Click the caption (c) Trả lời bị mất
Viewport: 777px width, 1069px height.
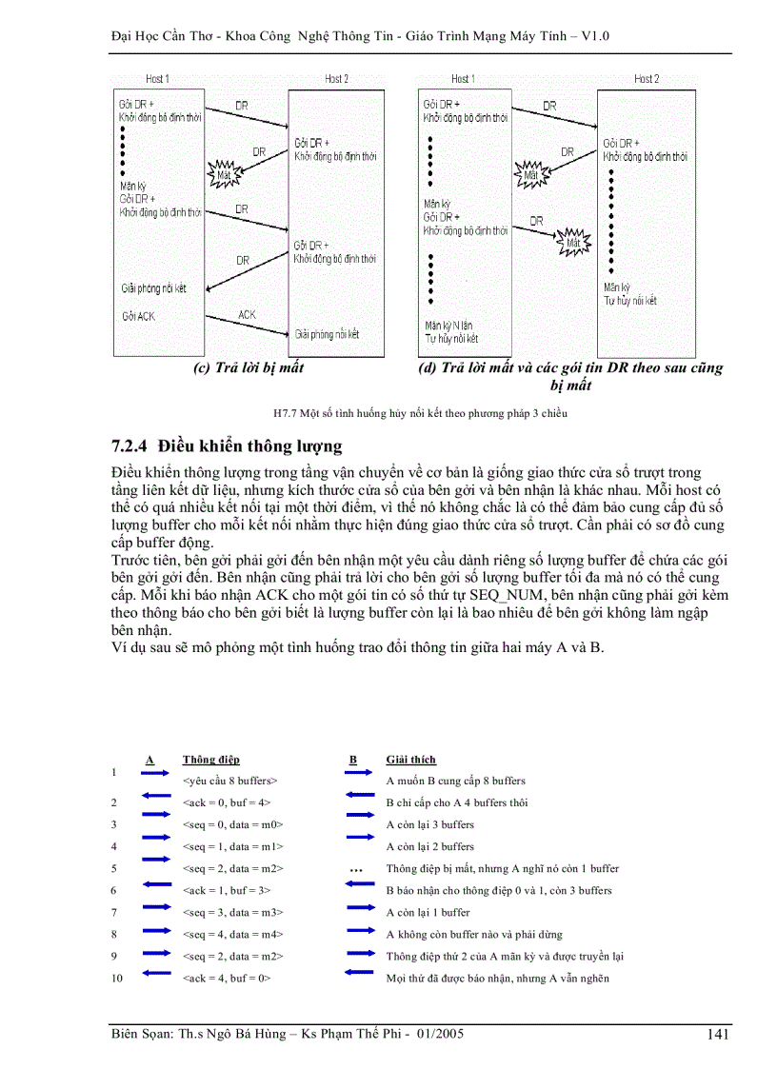[249, 367]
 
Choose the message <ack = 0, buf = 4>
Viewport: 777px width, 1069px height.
[227, 802]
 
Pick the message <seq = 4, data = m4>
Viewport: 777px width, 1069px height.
[232, 934]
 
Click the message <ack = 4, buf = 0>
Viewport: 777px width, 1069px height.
[227, 978]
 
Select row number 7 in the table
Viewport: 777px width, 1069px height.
[114, 912]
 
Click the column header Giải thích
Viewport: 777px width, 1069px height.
[410, 760]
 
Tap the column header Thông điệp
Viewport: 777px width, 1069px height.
[210, 760]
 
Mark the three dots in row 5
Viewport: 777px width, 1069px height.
[356, 869]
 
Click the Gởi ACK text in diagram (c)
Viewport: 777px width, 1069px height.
[138, 316]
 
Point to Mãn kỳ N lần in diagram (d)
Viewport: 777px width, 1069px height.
[448, 326]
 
